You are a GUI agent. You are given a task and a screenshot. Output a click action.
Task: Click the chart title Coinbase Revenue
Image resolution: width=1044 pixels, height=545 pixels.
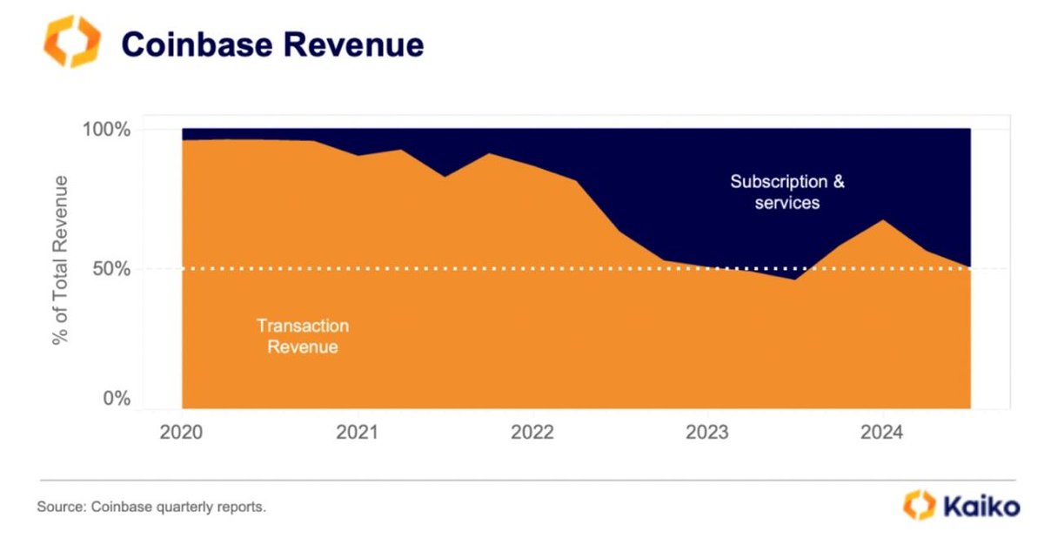coord(272,44)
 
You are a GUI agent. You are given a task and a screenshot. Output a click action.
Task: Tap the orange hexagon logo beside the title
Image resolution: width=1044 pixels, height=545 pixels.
coord(72,41)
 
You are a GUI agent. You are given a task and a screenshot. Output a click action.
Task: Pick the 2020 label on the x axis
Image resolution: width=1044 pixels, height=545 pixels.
coord(182,433)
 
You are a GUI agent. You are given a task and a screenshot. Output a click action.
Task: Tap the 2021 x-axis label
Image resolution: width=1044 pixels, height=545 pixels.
coord(356,433)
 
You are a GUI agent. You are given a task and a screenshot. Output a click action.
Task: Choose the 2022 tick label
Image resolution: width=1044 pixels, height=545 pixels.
coord(531,433)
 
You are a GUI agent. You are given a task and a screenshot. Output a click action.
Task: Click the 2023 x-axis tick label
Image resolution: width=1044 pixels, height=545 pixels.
coord(706,433)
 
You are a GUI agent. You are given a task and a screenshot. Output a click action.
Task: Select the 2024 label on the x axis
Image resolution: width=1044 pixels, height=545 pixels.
coord(882,433)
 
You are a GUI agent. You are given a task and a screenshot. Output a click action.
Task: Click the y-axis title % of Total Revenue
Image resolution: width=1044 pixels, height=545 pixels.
coord(60,259)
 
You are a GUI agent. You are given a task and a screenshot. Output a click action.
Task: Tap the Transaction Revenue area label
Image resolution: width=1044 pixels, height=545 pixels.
coord(302,336)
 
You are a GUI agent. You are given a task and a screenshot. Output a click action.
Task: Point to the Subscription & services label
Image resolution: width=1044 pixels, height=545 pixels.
coord(786,192)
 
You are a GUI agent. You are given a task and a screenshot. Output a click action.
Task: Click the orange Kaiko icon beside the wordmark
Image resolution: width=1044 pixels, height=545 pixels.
coord(919,505)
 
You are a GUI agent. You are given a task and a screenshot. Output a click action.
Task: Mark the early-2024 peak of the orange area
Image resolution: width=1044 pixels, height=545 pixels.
coord(883,220)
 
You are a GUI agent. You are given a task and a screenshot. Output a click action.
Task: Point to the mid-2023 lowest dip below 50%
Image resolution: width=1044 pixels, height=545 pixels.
coord(794,279)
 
